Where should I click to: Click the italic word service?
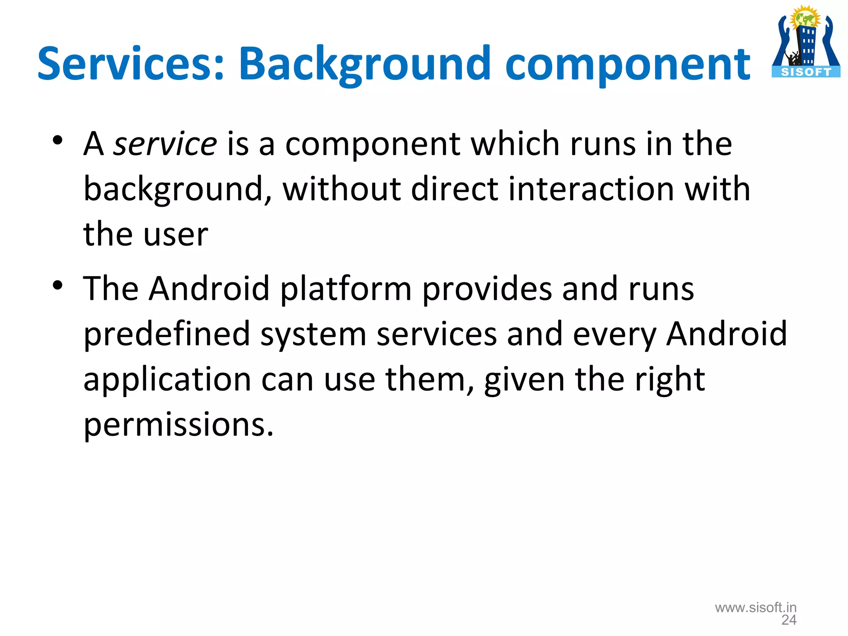(165, 144)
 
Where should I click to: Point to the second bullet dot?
(58, 285)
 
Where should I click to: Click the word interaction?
(591, 189)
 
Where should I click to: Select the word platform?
(346, 289)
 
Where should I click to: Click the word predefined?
(167, 334)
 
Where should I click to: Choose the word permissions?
(178, 425)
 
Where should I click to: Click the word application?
(167, 380)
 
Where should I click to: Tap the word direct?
(455, 189)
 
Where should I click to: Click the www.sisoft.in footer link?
(756, 607)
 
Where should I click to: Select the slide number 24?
(789, 620)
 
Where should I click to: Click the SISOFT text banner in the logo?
(806, 72)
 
